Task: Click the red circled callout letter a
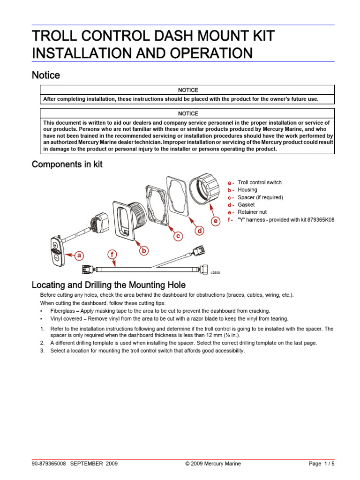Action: (79, 255)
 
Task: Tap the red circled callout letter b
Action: (144, 251)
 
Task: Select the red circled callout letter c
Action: (178, 237)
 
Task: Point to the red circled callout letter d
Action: (199, 231)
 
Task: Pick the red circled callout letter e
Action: (215, 221)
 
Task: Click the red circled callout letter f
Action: (112, 255)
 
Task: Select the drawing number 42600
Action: (214, 273)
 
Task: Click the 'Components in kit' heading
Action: (67, 165)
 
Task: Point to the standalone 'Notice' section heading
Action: (45, 75)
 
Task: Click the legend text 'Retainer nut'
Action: (253, 212)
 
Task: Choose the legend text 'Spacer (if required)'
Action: (260, 197)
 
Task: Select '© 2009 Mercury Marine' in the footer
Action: (213, 464)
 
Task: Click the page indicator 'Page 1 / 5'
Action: (322, 464)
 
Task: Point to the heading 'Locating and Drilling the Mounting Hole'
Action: (108, 285)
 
